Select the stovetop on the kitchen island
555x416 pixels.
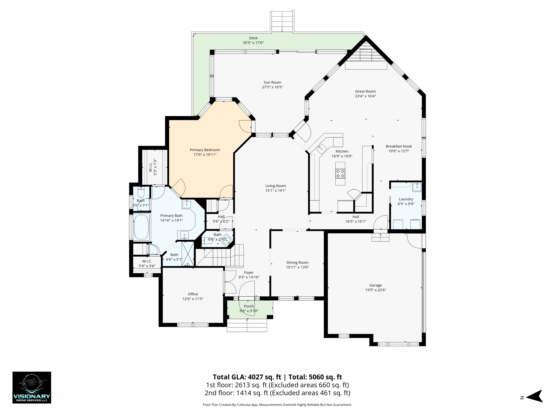[x=340, y=173]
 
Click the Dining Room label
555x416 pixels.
[x=297, y=262]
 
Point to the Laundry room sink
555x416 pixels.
[x=417, y=187]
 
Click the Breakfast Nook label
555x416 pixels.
[x=399, y=146]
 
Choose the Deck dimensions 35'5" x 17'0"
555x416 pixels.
[x=253, y=43]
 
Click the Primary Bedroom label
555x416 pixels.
[x=205, y=150]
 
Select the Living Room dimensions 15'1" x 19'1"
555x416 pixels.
[x=276, y=191]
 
